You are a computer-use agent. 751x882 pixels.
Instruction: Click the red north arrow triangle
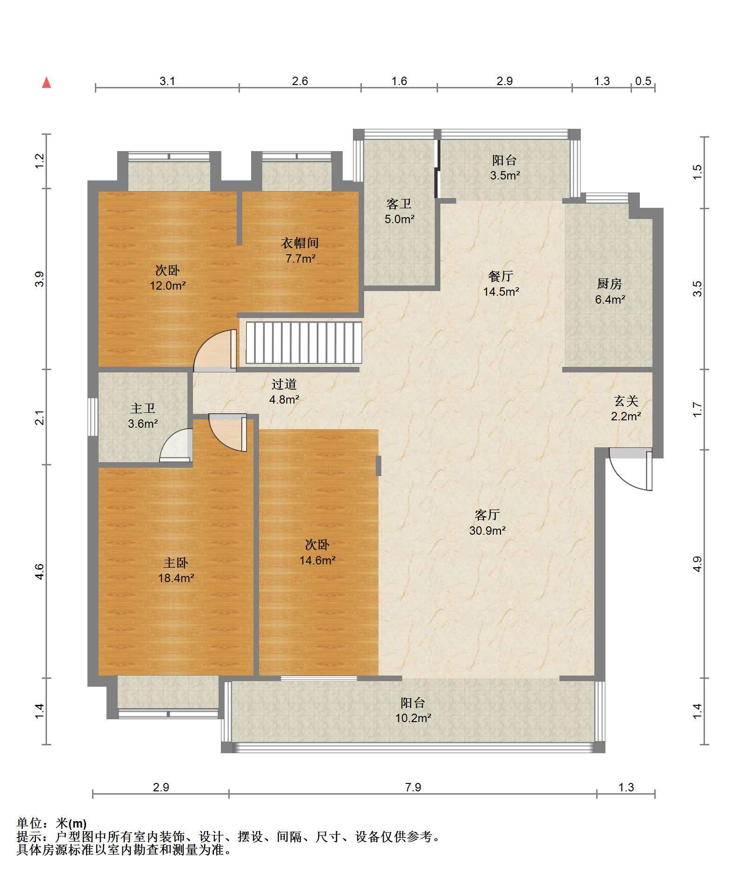47,83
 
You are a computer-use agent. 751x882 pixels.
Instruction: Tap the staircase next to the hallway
304,343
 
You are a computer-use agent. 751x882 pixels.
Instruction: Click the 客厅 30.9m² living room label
487,522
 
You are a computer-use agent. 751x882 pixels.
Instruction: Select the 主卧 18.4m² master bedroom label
176,570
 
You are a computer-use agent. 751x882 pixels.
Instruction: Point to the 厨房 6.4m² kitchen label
610,291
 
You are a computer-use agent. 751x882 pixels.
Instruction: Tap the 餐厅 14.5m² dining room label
501,284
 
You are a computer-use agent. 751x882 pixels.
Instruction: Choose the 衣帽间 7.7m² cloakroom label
300,250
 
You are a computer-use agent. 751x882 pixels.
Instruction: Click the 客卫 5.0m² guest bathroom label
399,211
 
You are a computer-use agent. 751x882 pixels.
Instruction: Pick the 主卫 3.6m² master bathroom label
143,416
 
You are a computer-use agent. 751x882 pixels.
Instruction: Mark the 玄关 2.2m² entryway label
626,408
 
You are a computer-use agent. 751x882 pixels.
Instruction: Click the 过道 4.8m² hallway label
284,391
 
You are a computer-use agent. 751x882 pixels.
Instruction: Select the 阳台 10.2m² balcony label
413,710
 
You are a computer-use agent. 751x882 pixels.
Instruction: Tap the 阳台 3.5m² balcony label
505,168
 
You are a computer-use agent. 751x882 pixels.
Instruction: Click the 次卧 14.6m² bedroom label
317,552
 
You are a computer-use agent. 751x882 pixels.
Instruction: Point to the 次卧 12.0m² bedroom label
167,278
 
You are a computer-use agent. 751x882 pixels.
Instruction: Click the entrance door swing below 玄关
631,469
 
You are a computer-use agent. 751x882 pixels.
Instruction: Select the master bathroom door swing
176,445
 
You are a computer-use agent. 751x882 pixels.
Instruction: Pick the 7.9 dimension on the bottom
413,787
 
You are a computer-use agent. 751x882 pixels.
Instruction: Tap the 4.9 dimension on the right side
697,564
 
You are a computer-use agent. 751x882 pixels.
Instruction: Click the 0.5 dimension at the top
643,81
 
